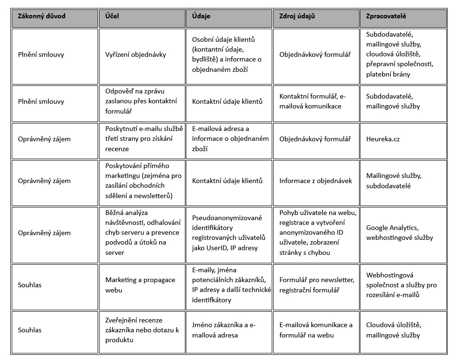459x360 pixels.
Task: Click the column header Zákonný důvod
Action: [x=41, y=16]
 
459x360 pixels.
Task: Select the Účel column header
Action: [x=112, y=16]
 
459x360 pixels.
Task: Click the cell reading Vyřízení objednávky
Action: [x=136, y=54]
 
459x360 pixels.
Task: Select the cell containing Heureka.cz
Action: [x=383, y=139]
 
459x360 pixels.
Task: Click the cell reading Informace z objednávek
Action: [x=315, y=181]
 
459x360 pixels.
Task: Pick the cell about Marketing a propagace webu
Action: [x=140, y=285]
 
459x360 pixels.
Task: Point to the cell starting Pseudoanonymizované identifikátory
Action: [x=229, y=233]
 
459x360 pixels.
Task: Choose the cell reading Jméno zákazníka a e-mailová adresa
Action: [x=224, y=330]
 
